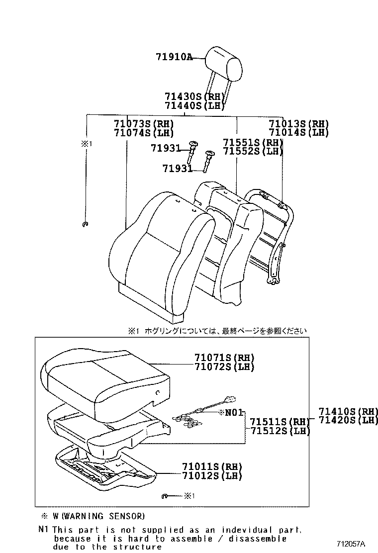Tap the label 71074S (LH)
coord(143,133)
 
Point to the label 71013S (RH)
coord(298,124)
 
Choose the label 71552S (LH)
coord(253,151)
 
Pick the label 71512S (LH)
coord(280,431)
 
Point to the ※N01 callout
coord(230,412)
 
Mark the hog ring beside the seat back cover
coord(85,225)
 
